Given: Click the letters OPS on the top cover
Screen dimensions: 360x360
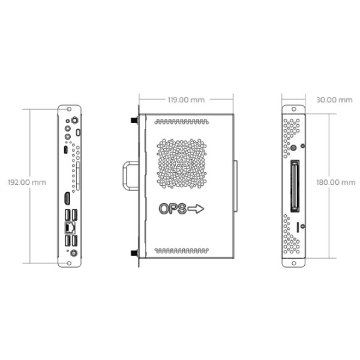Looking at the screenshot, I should click(172, 209).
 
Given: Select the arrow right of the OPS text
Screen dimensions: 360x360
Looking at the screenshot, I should click(197, 209).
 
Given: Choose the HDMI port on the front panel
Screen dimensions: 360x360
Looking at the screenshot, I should click(66, 199).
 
